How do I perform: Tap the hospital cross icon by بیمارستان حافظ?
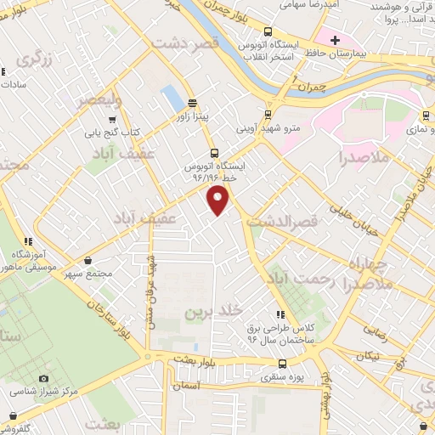pyautogui.click(x=336, y=40)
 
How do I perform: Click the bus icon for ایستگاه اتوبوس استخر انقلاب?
pyautogui.click(x=270, y=30)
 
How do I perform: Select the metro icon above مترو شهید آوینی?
pyautogui.click(x=268, y=115)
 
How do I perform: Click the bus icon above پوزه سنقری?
pyautogui.click(x=282, y=363)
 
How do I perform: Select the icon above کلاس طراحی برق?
pyautogui.click(x=281, y=314)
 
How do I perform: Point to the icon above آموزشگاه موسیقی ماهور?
pyautogui.click(x=29, y=241)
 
